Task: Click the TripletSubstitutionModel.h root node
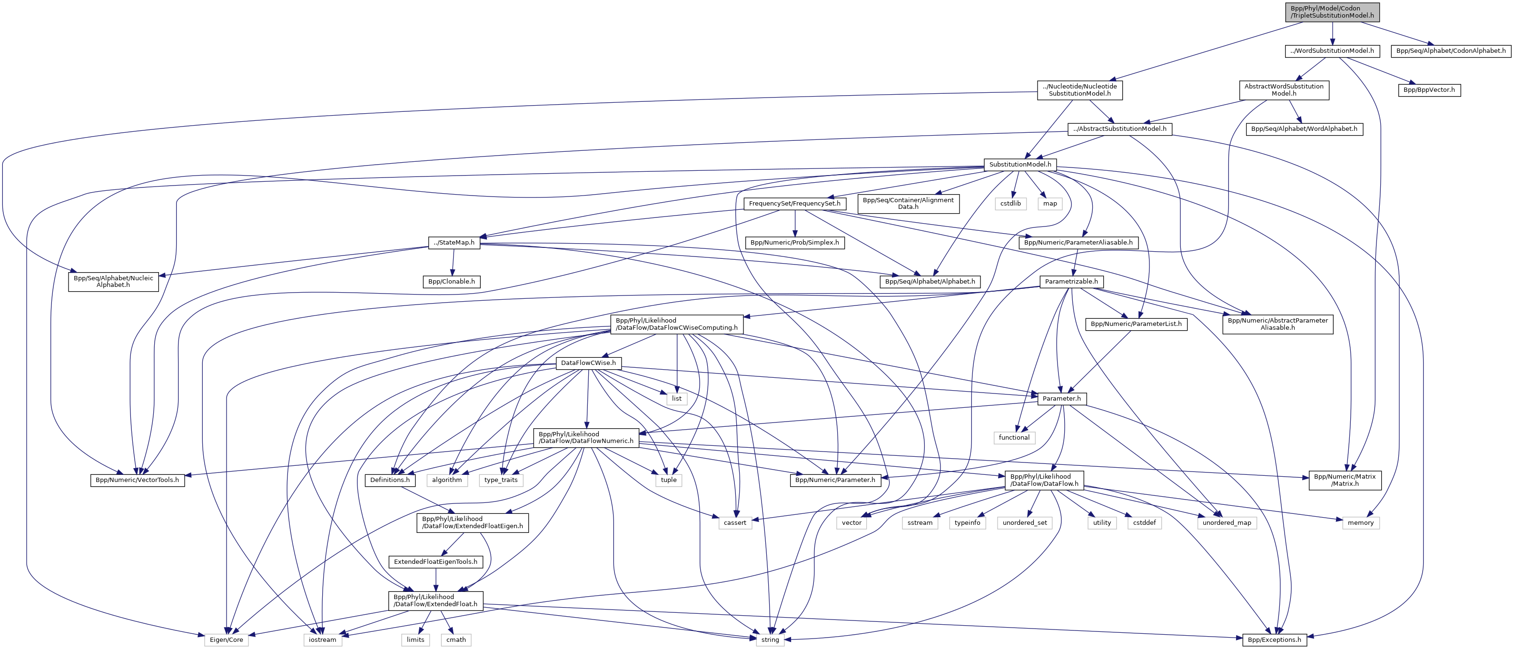pyautogui.click(x=1332, y=12)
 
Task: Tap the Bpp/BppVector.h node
pyautogui.click(x=1429, y=90)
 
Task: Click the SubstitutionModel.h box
pyautogui.click(x=1019, y=165)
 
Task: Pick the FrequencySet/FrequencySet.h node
pyautogui.click(x=795, y=204)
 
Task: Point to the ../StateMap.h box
pyautogui.click(x=454, y=243)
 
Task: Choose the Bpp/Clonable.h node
pyautogui.click(x=451, y=282)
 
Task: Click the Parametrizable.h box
pyautogui.click(x=1071, y=282)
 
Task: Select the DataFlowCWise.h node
pyautogui.click(x=588, y=363)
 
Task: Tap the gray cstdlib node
pyautogui.click(x=1010, y=204)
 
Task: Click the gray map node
pyautogui.click(x=1049, y=204)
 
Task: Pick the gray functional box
pyautogui.click(x=1014, y=438)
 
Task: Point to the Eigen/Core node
pyautogui.click(x=226, y=639)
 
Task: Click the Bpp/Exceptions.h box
pyautogui.click(x=1274, y=639)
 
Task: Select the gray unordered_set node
pyautogui.click(x=1024, y=523)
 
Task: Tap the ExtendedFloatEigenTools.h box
pyautogui.click(x=435, y=562)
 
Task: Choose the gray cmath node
pyautogui.click(x=455, y=639)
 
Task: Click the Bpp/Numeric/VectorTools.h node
pyautogui.click(x=137, y=480)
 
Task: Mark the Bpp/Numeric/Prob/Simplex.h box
pyautogui.click(x=795, y=243)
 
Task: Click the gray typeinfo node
pyautogui.click(x=967, y=523)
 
